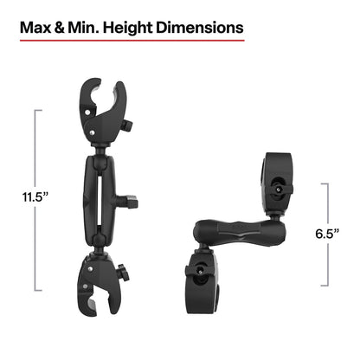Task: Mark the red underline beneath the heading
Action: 131,38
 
